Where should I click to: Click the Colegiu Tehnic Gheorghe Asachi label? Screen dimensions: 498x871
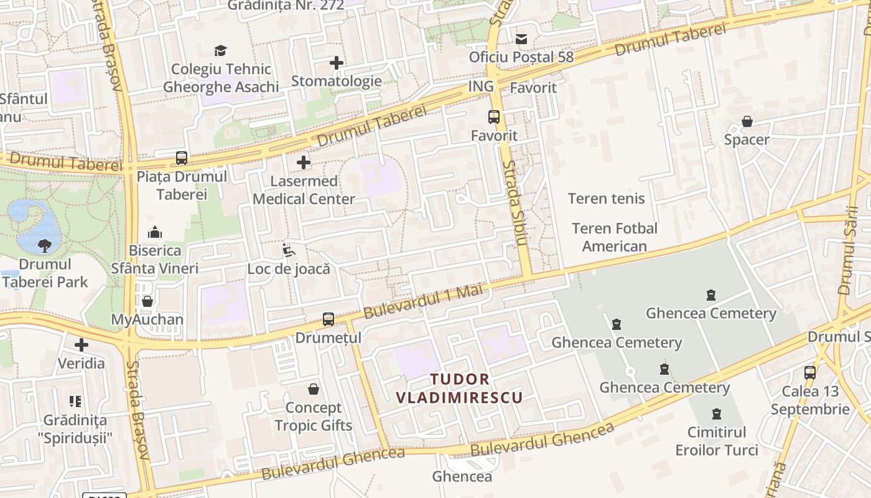(221, 78)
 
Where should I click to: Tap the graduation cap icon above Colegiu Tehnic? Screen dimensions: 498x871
(220, 50)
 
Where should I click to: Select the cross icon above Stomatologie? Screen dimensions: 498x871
(337, 63)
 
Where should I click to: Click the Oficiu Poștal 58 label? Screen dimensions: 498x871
(521, 57)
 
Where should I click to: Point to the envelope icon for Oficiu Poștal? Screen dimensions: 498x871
(521, 39)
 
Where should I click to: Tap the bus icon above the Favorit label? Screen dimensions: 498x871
(494, 116)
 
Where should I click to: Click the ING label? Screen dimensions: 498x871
(481, 87)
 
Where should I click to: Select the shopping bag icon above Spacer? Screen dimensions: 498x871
(747, 121)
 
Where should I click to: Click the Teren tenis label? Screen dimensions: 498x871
(607, 199)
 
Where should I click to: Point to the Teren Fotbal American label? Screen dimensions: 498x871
(614, 237)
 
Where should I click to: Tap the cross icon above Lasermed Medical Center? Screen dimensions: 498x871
(304, 163)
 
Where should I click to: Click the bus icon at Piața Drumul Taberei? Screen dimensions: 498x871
(182, 158)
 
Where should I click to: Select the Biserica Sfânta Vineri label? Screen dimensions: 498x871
(155, 260)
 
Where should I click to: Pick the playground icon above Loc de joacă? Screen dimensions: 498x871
(288, 251)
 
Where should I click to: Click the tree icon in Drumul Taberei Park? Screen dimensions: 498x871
(45, 246)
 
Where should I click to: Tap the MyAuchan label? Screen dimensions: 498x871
(147, 320)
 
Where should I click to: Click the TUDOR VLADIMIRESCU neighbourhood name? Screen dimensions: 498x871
(460, 388)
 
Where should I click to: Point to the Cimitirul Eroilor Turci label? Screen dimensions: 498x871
(717, 441)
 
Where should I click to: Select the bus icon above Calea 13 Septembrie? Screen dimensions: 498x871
(810, 373)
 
